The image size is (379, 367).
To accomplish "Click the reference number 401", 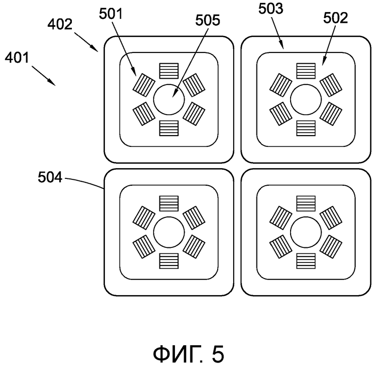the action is tap(17, 58).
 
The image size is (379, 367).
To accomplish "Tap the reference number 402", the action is tap(60, 24).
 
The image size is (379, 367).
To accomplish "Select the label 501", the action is tap(111, 14).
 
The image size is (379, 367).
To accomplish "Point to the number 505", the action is tap(207, 20).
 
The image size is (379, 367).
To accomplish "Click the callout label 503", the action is tap(271, 9).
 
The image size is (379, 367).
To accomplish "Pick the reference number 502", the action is tap(335, 18).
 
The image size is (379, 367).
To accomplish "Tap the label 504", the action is tap(50, 177).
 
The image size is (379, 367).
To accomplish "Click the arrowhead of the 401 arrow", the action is tap(53, 84).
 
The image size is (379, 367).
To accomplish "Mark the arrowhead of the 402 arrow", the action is tap(96, 50).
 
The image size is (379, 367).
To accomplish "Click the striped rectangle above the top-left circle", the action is tap(169, 71).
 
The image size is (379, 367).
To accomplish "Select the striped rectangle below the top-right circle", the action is tap(306, 128).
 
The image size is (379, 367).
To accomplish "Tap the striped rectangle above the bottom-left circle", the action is tap(169, 204).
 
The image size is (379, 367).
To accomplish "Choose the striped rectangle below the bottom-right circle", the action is tap(306, 261).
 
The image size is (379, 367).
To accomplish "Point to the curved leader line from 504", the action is tap(84, 182).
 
